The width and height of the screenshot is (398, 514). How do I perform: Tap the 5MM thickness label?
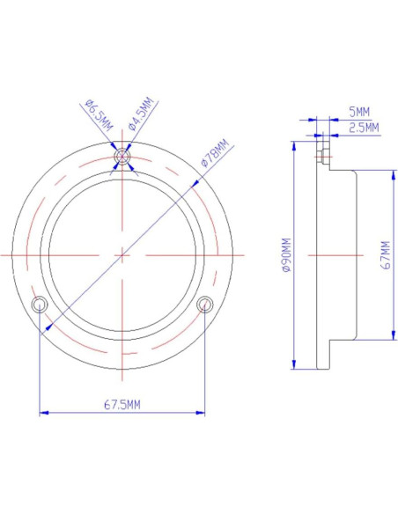(x=358, y=112)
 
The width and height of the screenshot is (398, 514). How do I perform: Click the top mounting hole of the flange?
(x=122, y=158)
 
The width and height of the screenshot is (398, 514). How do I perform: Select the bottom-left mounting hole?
(x=39, y=304)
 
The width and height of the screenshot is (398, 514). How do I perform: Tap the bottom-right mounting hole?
(x=205, y=304)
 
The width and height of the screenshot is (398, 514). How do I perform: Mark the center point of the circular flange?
(x=122, y=255)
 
